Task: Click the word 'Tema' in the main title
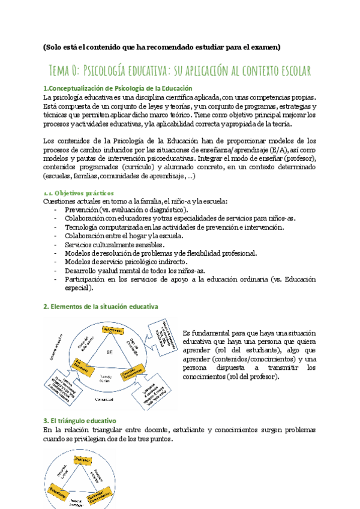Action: (62, 71)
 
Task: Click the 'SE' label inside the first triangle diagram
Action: (109, 352)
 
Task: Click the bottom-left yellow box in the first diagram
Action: (80, 365)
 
